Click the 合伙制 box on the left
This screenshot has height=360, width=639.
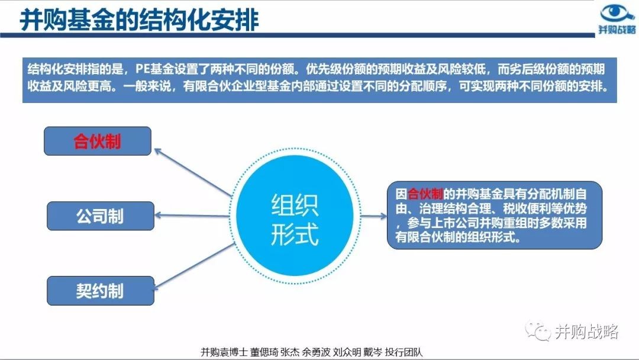(98, 141)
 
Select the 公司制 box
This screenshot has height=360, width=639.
(101, 216)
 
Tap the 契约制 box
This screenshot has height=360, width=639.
(101, 291)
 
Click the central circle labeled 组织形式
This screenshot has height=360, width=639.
(295, 216)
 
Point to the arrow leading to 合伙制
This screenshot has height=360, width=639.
(193, 173)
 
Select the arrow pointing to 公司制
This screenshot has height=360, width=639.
(192, 216)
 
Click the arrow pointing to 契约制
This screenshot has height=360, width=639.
(194, 266)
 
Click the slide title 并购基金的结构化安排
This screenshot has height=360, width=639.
(140, 20)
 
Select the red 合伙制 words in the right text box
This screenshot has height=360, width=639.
(425, 194)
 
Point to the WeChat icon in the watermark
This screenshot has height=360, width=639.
(538, 331)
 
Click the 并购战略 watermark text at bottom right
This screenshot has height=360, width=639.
(586, 332)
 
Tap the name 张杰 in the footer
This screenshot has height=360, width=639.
(290, 352)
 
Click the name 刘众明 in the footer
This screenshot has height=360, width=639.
(347, 352)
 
